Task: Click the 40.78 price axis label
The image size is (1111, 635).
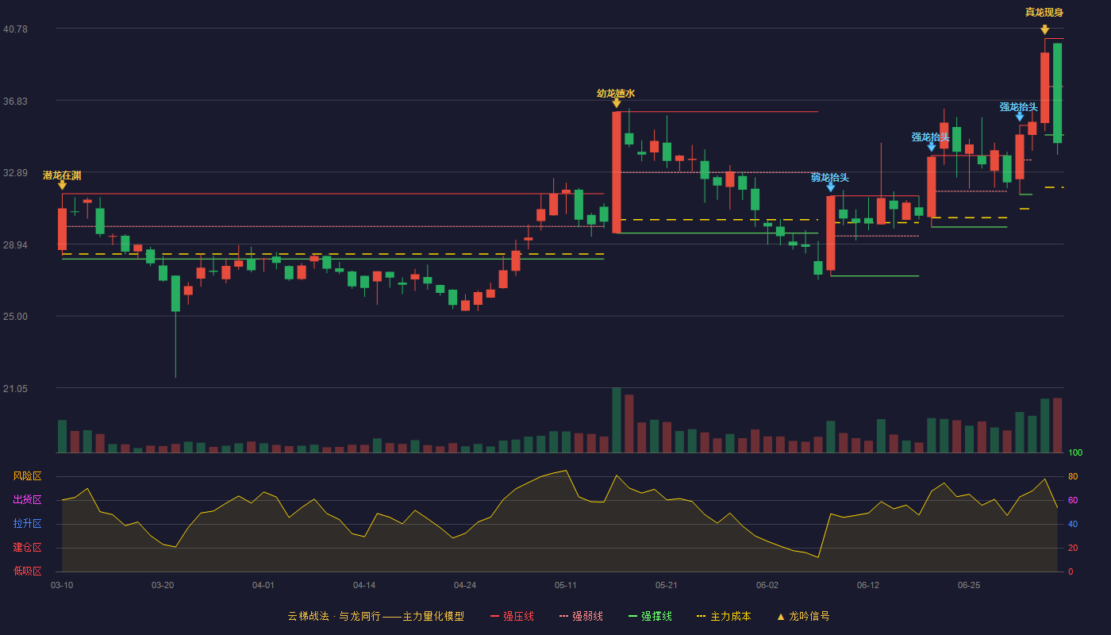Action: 15,29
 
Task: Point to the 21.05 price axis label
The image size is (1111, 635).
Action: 15,389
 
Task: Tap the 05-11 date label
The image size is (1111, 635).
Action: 565,586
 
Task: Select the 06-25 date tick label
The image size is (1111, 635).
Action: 969,586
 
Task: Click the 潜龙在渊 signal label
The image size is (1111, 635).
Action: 62,175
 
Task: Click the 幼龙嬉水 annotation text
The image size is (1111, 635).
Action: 616,94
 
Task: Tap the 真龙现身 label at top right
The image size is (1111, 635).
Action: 1044,13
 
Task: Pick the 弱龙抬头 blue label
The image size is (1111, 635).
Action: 830,178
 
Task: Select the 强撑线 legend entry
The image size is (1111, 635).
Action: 650,616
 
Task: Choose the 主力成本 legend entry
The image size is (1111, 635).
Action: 724,616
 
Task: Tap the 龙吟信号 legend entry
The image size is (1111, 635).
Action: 803,616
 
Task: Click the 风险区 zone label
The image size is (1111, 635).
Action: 27,476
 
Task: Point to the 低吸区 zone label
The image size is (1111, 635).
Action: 27,571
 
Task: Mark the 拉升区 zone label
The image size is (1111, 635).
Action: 27,524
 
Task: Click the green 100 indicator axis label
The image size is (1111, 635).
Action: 1075,452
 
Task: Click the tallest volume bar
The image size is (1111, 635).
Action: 617,420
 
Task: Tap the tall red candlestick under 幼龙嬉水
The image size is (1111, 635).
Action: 617,172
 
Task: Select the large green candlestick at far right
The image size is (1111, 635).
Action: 1057,93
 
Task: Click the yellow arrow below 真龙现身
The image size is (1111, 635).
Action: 1044,30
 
